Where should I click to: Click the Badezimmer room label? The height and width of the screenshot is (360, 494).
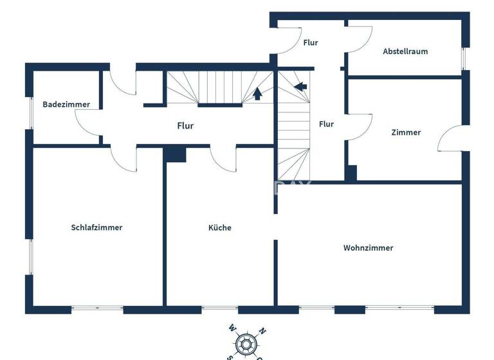pyautogui.click(x=66, y=104)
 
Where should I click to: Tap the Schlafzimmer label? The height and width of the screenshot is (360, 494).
pyautogui.click(x=96, y=228)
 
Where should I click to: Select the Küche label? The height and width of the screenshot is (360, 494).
pyautogui.click(x=219, y=228)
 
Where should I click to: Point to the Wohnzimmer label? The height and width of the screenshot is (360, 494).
pyautogui.click(x=368, y=248)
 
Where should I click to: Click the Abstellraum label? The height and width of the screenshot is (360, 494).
pyautogui.click(x=405, y=51)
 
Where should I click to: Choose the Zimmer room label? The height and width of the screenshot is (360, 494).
pyautogui.click(x=406, y=132)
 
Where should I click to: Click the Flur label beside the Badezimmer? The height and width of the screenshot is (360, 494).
pyautogui.click(x=185, y=126)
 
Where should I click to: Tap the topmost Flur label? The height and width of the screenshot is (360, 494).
pyautogui.click(x=310, y=43)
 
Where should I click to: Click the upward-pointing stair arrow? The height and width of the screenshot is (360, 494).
pyautogui.click(x=257, y=94)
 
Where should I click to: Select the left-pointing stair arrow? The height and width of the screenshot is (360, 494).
pyautogui.click(x=300, y=85)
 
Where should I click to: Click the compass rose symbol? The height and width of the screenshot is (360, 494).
pyautogui.click(x=244, y=344)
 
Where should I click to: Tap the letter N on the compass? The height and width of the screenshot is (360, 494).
pyautogui.click(x=261, y=332)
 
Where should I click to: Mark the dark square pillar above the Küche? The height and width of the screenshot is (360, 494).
pyautogui.click(x=175, y=154)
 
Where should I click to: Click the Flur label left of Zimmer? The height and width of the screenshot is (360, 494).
pyautogui.click(x=326, y=124)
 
